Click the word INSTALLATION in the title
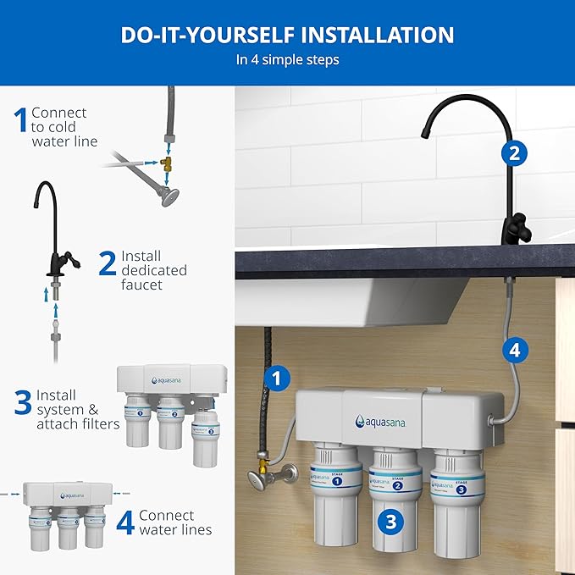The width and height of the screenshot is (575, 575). click(x=369, y=35)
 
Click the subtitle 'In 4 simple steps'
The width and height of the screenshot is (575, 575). click(x=287, y=61)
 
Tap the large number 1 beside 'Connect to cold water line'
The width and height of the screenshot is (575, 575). click(x=21, y=120)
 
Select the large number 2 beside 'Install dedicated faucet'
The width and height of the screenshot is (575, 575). click(x=107, y=263)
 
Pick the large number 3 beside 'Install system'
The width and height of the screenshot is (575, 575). click(x=23, y=403)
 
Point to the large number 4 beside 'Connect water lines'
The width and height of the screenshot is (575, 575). click(x=124, y=522)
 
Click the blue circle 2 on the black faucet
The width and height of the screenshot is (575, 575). click(x=511, y=152)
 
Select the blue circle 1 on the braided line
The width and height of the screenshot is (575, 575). click(x=275, y=379)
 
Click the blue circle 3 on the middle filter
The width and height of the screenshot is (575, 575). click(x=390, y=522)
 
